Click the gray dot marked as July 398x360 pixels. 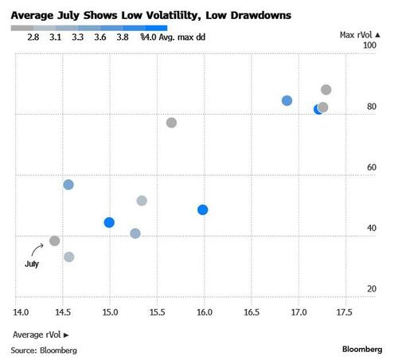[x=54, y=241]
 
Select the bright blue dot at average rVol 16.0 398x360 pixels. [x=203, y=209]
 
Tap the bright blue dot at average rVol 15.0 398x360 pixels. [x=109, y=222]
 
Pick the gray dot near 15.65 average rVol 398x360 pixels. [x=171, y=123]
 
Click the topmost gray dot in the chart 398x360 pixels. [x=326, y=90]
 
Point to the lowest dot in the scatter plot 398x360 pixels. [x=69, y=256]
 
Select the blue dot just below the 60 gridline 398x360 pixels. [x=68, y=185]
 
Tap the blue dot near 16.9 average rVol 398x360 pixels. [x=287, y=101]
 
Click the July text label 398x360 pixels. [x=32, y=264]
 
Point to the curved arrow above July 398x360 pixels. [x=37, y=250]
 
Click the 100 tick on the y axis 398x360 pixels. [x=369, y=46]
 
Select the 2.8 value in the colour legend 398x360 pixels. [x=33, y=36]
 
